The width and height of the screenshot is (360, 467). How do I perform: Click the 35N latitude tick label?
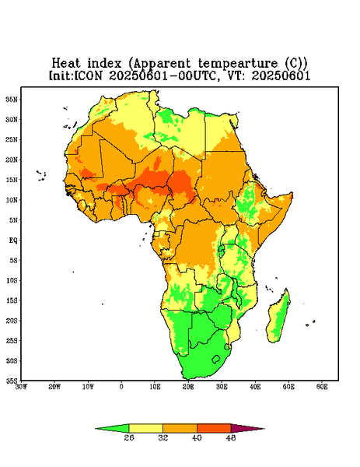tap(12, 100)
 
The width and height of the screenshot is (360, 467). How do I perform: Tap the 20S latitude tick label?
tap(12, 321)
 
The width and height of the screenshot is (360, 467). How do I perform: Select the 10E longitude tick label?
tap(155, 387)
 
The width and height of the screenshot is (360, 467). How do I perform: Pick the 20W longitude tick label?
tap(54, 387)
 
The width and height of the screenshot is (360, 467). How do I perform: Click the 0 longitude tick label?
tap(121, 387)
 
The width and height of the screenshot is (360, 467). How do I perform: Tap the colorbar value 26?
tap(129, 437)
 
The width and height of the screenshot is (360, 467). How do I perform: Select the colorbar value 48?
tap(231, 437)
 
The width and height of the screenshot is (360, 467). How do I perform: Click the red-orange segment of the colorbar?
tap(214, 428)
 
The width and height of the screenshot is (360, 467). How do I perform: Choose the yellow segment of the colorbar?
tap(145, 428)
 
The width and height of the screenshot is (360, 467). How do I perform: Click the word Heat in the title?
tap(66, 64)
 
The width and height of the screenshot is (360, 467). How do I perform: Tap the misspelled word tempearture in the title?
tap(238, 64)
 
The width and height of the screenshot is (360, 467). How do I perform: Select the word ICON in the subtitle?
tap(88, 75)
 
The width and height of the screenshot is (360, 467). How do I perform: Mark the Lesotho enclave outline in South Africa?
tap(216, 359)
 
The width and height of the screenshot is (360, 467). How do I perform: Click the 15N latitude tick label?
tap(12, 180)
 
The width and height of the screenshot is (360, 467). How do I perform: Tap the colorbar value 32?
tap(163, 437)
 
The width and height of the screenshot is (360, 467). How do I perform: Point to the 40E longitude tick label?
tap(255, 387)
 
